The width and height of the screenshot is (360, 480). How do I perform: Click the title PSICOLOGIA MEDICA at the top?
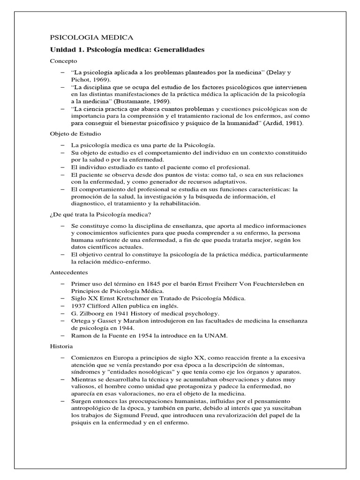pos(91,37)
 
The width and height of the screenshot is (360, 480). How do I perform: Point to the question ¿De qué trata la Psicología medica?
pos(100,214)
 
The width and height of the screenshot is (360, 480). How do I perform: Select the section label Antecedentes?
pos(69,272)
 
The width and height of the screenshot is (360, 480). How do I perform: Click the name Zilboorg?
pos(93,313)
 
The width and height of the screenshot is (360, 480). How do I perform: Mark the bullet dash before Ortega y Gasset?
pos(63,321)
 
